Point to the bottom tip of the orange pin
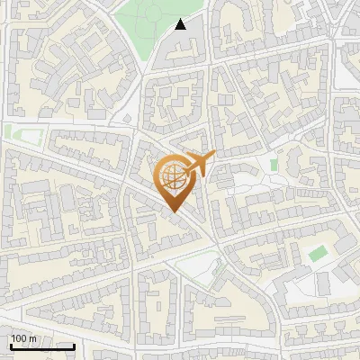coord(174,212)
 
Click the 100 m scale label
coord(23,338)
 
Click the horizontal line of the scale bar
coord(42,346)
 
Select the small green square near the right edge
coord(316,254)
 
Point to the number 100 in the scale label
coord(19,338)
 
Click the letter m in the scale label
coord(32,338)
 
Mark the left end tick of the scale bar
coord(10,345)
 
